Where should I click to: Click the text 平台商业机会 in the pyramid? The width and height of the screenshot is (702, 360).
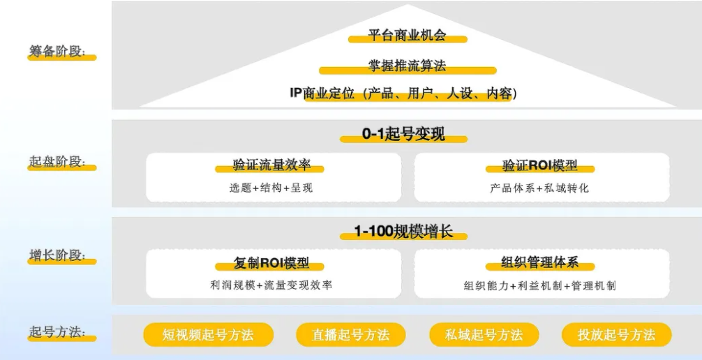click(407, 35)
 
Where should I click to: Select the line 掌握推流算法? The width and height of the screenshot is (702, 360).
click(407, 66)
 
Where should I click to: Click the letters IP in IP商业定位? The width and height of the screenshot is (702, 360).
click(296, 93)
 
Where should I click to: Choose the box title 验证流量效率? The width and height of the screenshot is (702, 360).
click(271, 166)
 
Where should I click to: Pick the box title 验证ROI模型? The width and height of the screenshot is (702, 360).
click(540, 166)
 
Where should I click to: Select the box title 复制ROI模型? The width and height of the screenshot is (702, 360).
click(271, 264)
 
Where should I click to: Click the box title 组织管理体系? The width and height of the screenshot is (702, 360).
click(540, 263)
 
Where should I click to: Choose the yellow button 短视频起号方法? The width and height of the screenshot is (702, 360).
click(208, 335)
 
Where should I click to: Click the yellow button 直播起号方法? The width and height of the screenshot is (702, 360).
click(351, 335)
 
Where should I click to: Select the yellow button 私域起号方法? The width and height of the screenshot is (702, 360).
click(484, 335)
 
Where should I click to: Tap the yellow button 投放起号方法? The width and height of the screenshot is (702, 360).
click(616, 335)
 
